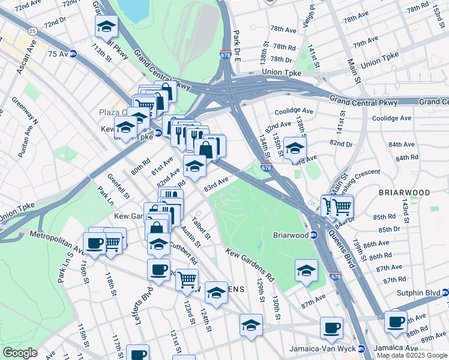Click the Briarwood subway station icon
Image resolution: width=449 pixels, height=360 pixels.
[x=313, y=235]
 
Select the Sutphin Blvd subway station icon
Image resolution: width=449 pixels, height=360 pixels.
[x=445, y=293]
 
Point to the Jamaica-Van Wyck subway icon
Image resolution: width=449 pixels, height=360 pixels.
[x=361, y=349]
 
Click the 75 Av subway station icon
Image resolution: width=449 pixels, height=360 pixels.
[x=73, y=53]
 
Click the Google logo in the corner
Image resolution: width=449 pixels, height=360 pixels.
[x=20, y=353]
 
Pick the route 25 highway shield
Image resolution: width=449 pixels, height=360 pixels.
[x=32, y=30]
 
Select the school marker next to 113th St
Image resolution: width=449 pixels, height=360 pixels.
[x=106, y=27]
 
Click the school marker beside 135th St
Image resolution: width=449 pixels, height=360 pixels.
[x=295, y=149]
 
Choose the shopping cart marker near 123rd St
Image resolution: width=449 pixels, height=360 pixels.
[x=187, y=280]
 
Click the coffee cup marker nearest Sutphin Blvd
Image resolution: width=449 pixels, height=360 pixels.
[x=396, y=321]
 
